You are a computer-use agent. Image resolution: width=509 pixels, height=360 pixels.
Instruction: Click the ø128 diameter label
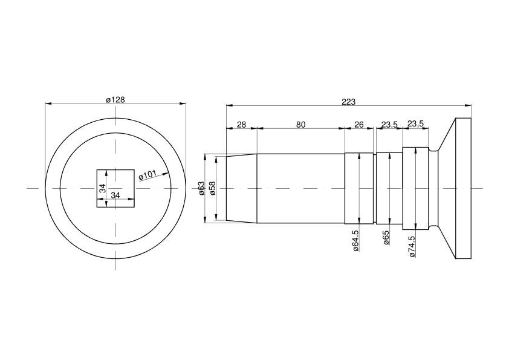tap(115, 100)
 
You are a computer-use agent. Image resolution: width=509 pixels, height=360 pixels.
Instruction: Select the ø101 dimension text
tap(148, 175)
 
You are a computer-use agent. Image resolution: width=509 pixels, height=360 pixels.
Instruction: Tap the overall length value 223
tap(348, 102)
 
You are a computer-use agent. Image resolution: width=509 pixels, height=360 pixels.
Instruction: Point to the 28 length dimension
tap(242, 125)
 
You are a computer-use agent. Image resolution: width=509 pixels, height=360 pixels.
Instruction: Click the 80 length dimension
tap(300, 125)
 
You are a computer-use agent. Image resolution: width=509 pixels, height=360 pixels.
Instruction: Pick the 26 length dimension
tap(359, 125)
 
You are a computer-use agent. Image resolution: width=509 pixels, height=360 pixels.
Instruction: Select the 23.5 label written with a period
tap(389, 125)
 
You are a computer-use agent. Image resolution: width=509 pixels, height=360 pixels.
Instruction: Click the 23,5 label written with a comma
tap(415, 124)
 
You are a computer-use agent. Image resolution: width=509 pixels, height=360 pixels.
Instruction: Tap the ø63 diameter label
tap(201, 188)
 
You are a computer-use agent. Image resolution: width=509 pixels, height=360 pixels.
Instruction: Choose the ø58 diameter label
tap(213, 188)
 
